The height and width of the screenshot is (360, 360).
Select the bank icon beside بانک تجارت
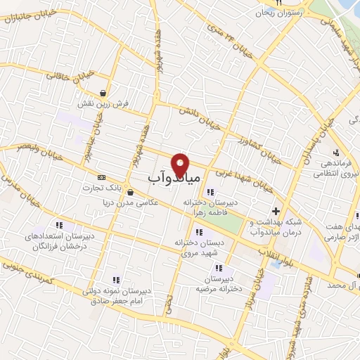(103, 176)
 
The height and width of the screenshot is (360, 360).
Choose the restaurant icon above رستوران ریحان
(278, 4)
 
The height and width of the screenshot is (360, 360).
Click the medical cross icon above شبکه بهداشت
(276, 210)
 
